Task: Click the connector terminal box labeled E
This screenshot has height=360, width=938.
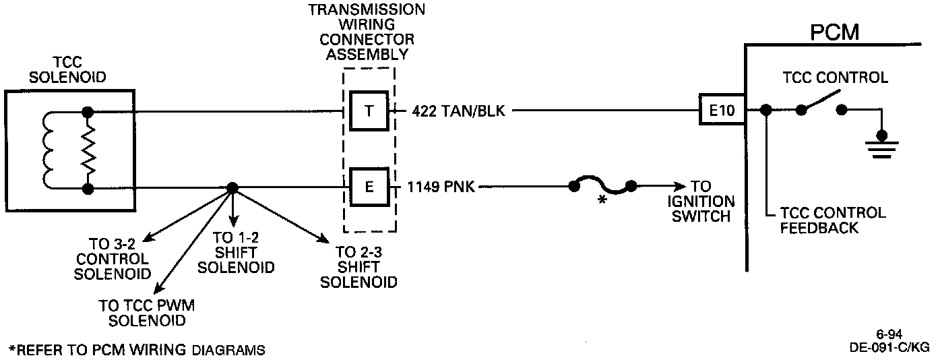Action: point(368,187)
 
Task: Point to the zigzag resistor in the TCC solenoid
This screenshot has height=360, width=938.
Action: point(86,150)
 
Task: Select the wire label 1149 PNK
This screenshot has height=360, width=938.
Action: point(441,187)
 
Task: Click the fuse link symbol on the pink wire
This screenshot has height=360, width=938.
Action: point(601,186)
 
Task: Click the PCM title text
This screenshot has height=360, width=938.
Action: point(834,32)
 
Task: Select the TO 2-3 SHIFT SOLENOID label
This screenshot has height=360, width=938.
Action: point(358,266)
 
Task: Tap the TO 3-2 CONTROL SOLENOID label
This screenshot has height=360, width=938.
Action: point(112,258)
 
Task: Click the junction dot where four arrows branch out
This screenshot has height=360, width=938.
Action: point(231,187)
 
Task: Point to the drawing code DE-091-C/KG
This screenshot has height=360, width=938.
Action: point(889,348)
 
